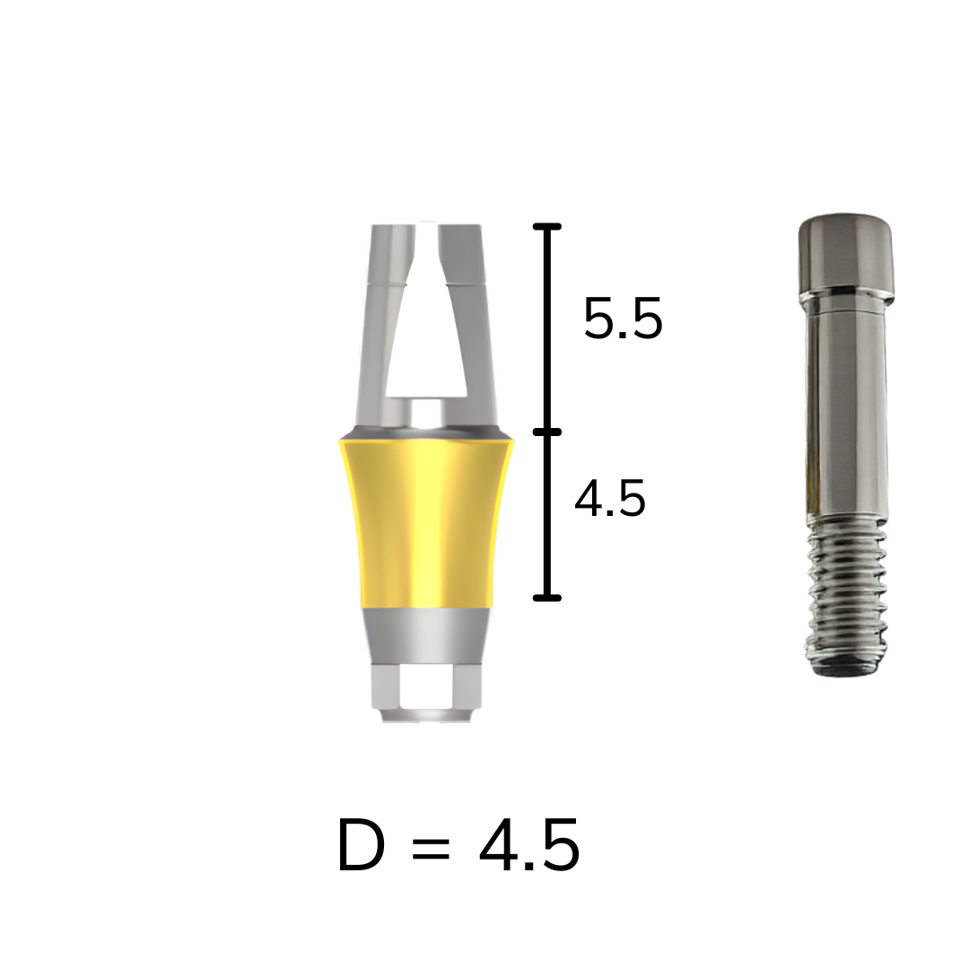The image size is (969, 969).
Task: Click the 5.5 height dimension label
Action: (623, 319)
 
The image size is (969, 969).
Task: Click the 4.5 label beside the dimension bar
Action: (610, 498)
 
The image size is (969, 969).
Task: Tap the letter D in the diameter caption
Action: (361, 845)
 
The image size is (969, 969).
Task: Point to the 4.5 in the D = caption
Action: (529, 845)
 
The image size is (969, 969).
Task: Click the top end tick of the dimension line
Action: (547, 227)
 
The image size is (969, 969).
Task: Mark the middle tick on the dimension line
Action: (547, 432)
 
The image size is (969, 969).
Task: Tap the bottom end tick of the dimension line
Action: (547, 598)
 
